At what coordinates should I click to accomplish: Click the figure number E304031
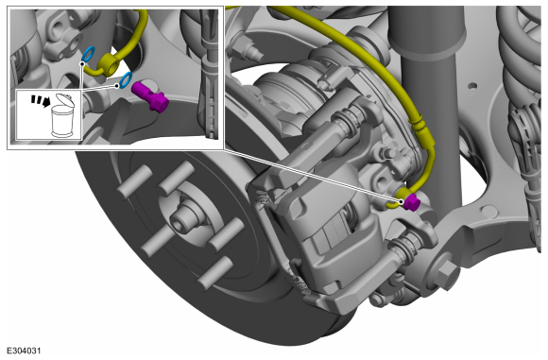(24, 351)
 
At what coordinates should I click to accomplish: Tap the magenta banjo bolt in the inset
(149, 95)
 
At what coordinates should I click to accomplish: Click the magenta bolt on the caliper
(411, 202)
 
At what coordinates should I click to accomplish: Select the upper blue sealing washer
(88, 54)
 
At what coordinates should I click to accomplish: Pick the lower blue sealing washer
(126, 79)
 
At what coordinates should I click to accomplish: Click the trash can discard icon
(62, 116)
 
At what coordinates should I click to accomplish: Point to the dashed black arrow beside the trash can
(39, 100)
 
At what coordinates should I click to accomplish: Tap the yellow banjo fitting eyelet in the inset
(109, 63)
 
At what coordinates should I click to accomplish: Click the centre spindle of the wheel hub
(182, 217)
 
